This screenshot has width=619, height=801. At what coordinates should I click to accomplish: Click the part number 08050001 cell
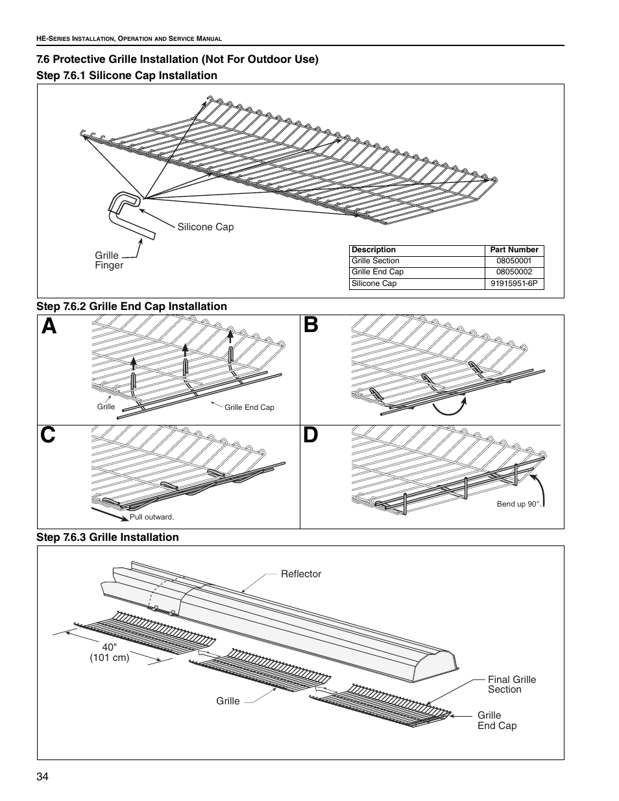coord(514,261)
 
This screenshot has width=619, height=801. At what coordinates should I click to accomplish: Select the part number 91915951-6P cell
coord(514,283)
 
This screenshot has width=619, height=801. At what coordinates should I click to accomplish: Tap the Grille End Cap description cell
coord(378,272)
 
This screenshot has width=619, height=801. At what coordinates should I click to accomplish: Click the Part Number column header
coord(514,250)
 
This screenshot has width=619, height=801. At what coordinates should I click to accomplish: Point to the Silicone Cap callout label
coord(206,227)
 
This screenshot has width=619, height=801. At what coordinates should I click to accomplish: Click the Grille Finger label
coord(109,260)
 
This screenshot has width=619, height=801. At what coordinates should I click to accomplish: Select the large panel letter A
coord(50,326)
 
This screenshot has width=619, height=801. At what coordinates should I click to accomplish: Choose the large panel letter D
coord(311,436)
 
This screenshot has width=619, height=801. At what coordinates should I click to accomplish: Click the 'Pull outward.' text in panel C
coord(152,517)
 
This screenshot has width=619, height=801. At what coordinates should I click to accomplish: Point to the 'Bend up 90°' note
coord(518,504)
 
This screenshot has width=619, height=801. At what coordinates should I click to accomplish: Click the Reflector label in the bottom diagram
coord(300,574)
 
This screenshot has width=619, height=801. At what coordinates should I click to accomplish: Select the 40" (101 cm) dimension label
coord(110,652)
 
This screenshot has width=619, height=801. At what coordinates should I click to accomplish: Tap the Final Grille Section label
coord(512,684)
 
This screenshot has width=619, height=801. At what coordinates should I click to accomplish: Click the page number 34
coord(43,777)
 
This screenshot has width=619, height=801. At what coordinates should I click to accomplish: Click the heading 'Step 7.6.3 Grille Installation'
coord(107,537)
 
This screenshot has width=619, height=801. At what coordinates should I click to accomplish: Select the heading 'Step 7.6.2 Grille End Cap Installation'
coord(132,306)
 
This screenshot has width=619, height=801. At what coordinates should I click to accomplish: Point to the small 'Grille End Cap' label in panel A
coord(249,407)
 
